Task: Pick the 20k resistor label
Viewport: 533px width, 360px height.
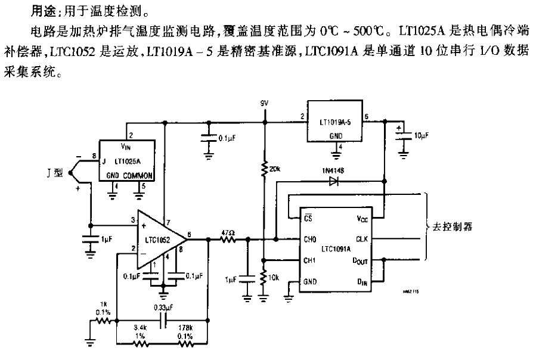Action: [275, 169]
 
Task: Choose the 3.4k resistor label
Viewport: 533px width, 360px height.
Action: [141, 328]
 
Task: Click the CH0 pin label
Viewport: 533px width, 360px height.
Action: [310, 240]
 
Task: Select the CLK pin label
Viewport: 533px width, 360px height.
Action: [362, 240]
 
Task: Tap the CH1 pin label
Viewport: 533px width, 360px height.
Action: [310, 260]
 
